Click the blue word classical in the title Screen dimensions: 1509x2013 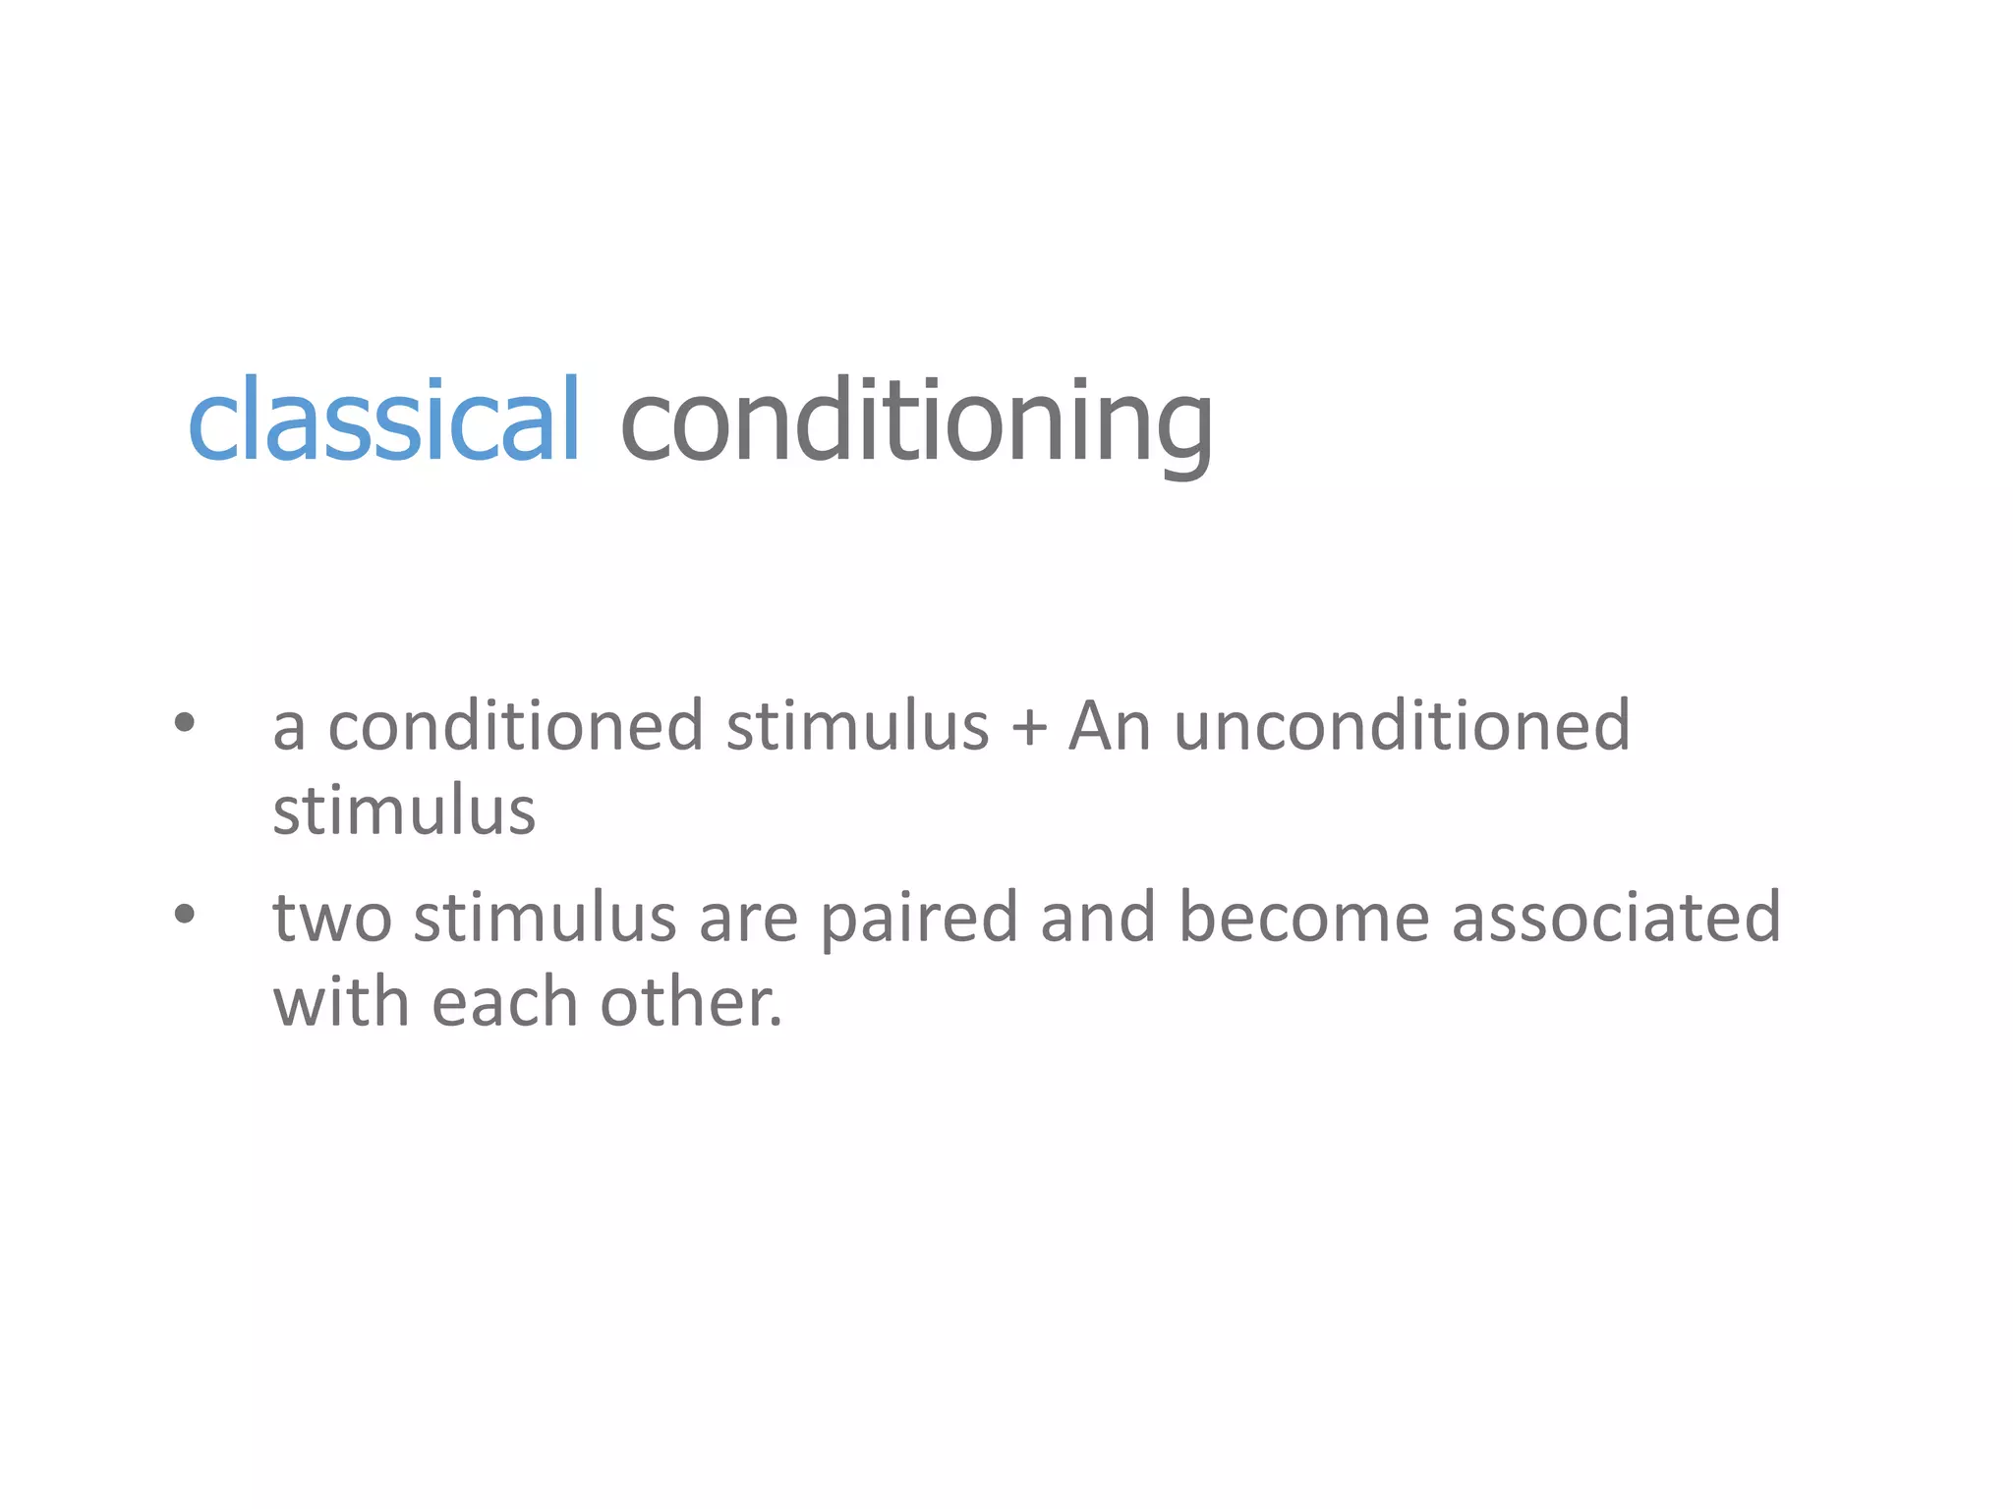tap(383, 420)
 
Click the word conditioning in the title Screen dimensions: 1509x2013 tap(916, 422)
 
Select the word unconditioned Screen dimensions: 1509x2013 tap(1402, 726)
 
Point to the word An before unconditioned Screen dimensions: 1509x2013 tap(1110, 726)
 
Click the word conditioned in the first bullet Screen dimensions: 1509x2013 tap(515, 726)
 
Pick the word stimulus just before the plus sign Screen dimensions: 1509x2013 tap(857, 726)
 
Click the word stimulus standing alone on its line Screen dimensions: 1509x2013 tap(404, 811)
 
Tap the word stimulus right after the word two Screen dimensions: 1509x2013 tap(545, 918)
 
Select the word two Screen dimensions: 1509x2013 tap(332, 918)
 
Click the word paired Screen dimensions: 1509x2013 tap(919, 918)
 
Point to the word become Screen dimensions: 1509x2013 tap(1303, 918)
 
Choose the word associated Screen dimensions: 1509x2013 tap(1616, 918)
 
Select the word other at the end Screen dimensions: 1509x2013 tap(691, 1003)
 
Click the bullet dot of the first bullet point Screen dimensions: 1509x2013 tap(185, 724)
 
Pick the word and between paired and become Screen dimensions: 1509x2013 tap(1098, 918)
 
